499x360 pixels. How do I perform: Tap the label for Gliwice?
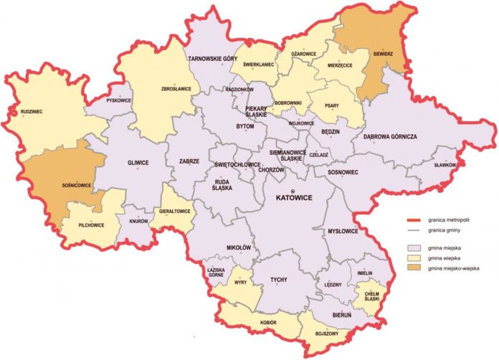coord(137,163)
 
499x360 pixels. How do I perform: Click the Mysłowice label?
coord(342,232)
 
